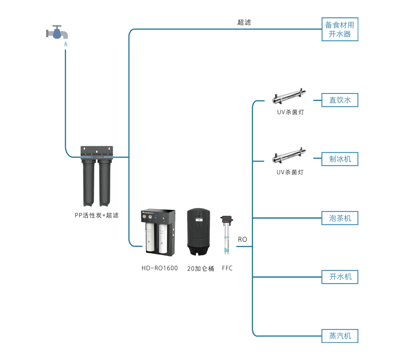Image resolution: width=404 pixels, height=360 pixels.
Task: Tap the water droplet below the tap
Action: pos(65,44)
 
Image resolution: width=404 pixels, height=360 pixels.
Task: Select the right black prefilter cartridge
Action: pos(104,182)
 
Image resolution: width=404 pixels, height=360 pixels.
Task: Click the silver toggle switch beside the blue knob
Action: pos(166,217)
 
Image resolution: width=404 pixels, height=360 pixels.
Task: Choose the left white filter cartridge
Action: pos(150,239)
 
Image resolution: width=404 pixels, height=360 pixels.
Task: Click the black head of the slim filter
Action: pos(227,219)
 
